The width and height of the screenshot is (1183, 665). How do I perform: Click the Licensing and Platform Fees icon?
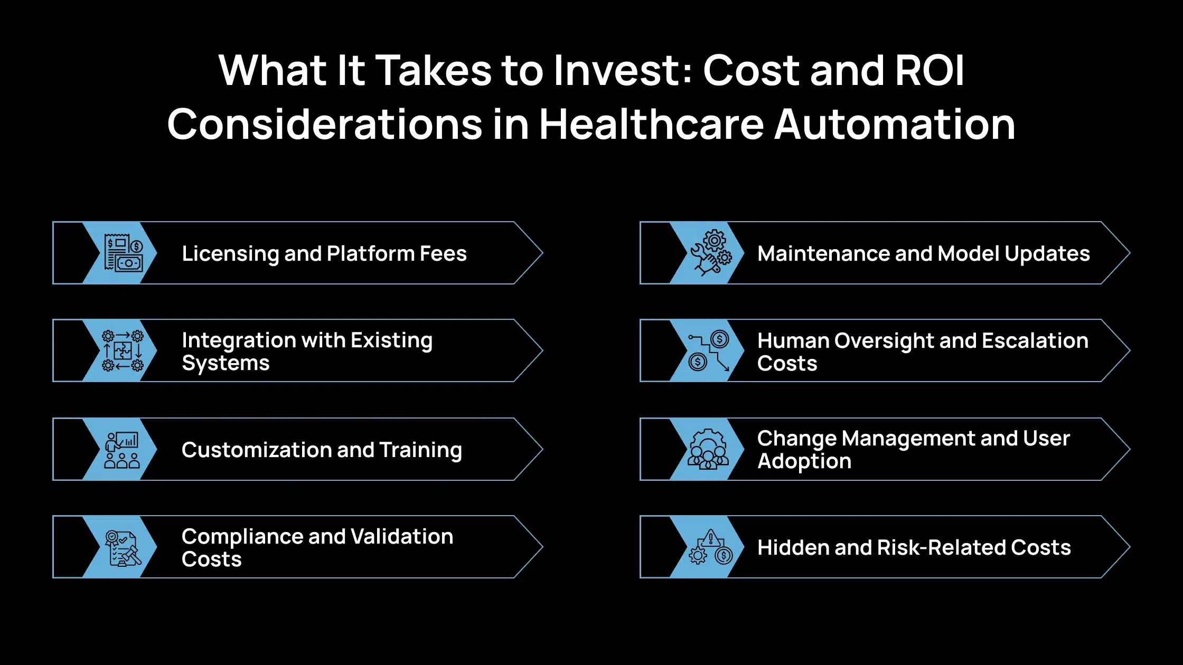coord(124,253)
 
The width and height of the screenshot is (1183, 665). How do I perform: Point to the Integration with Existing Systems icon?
coord(123,350)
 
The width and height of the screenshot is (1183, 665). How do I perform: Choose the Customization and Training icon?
coord(123,450)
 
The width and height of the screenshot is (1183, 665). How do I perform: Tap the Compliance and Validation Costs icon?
coord(123,547)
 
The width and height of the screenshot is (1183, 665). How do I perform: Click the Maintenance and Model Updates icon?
coord(711,253)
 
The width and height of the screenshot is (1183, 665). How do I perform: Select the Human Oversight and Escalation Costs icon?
coord(709,350)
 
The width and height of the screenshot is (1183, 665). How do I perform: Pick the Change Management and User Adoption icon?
coord(708,449)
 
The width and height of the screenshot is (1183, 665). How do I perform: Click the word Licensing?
coord(231,254)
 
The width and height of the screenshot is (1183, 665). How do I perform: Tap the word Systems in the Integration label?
coord(226,364)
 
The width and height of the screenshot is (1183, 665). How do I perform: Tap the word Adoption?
coord(804,462)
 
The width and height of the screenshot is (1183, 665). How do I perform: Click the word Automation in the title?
coord(895,125)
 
